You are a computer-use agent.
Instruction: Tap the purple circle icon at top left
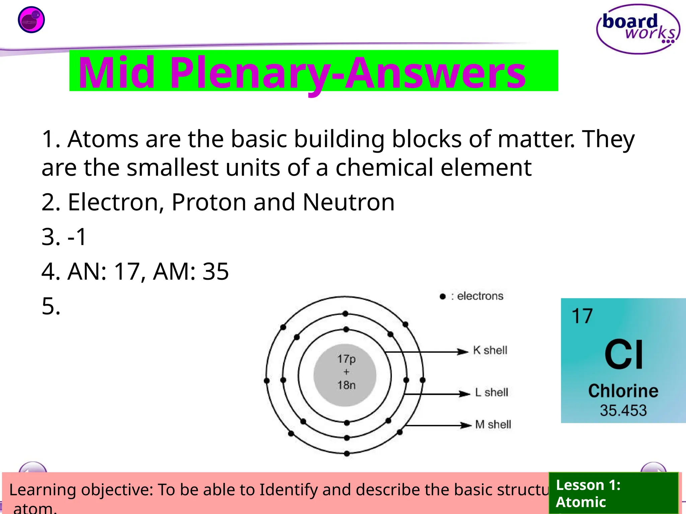click(x=31, y=20)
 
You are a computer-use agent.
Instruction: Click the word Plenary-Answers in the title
click(x=348, y=73)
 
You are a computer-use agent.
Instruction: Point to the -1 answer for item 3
click(x=77, y=237)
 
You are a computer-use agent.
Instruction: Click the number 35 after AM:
click(x=216, y=271)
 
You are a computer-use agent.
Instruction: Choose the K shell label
click(x=490, y=350)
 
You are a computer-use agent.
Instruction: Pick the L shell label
click(x=491, y=392)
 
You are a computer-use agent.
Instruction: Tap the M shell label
click(x=493, y=424)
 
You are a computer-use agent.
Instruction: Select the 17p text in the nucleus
click(x=346, y=359)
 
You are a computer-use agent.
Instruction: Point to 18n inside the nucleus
click(x=346, y=385)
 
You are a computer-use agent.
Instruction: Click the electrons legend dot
click(x=442, y=296)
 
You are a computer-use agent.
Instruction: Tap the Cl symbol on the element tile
click(x=624, y=354)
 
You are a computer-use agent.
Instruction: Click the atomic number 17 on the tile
click(x=582, y=316)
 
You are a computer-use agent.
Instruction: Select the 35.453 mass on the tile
click(x=623, y=411)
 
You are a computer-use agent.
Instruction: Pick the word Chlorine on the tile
click(x=623, y=391)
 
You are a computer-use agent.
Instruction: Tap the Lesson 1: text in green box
click(x=588, y=485)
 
